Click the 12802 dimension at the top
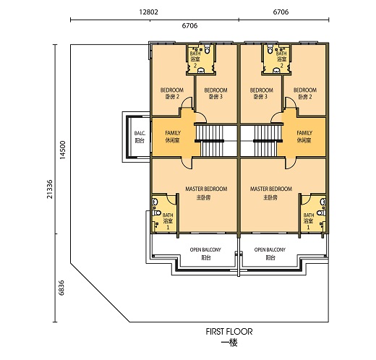click(x=149, y=12)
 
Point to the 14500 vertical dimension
click(x=64, y=151)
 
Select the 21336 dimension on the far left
click(x=48, y=184)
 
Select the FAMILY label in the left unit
click(x=173, y=137)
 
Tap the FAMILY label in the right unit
click(x=304, y=137)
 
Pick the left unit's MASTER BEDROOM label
click(x=206, y=192)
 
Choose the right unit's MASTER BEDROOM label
click(x=270, y=192)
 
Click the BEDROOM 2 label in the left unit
click(x=171, y=93)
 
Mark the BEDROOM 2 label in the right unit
click(x=305, y=93)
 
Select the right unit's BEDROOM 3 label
click(x=261, y=93)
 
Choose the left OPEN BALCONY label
click(x=206, y=253)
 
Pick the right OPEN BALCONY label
click(x=270, y=253)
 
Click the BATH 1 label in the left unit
click(x=168, y=220)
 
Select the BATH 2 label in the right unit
click(x=281, y=59)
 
